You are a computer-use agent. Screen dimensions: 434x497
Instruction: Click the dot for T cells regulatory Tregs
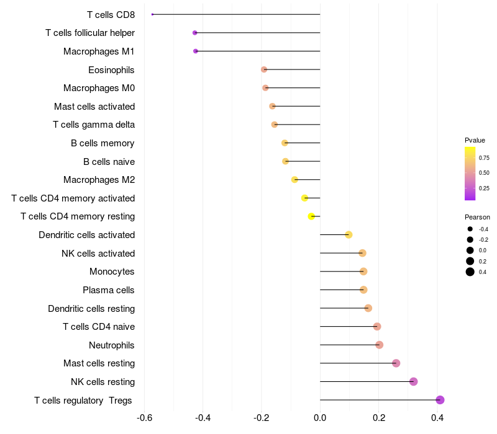pyautogui.click(x=440, y=400)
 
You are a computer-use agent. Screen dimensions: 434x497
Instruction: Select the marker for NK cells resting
pyautogui.click(x=414, y=381)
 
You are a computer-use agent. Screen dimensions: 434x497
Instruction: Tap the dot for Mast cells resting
pyautogui.click(x=396, y=363)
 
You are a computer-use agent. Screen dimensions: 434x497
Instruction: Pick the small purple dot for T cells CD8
pyautogui.click(x=152, y=14)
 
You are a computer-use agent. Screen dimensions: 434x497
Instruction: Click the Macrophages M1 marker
pyautogui.click(x=196, y=51)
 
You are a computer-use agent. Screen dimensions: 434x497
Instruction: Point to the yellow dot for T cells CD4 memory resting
pyautogui.click(x=311, y=216)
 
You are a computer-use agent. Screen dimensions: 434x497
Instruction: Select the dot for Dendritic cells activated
pyautogui.click(x=349, y=234)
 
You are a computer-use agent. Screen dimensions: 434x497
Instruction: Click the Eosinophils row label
pyautogui.click(x=111, y=69)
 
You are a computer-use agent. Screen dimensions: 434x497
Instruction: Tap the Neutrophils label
pyautogui.click(x=112, y=345)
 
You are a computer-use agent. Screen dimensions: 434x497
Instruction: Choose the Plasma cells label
pyautogui.click(x=109, y=290)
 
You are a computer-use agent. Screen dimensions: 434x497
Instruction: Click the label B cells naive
pyautogui.click(x=109, y=161)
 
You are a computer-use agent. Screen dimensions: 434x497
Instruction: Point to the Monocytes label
pyautogui.click(x=112, y=272)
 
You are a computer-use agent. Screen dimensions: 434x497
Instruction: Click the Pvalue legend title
pyautogui.click(x=475, y=140)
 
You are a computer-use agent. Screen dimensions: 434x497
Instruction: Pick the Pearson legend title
pyautogui.click(x=477, y=218)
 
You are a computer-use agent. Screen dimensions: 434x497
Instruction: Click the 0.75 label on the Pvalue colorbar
pyautogui.click(x=484, y=158)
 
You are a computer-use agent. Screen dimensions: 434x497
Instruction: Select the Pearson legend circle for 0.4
pyautogui.click(x=470, y=272)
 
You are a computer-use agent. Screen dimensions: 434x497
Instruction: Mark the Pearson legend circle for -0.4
pyautogui.click(x=470, y=229)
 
